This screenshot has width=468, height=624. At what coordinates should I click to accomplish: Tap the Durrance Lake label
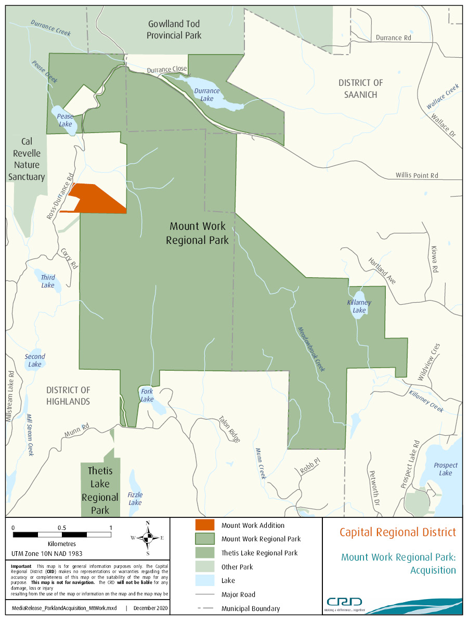206,95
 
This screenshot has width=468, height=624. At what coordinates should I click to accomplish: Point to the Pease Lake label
65,120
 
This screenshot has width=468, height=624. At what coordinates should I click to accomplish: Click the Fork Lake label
147,395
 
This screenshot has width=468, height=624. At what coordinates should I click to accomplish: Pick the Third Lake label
47,281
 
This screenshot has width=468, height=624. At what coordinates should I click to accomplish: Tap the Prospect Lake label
445,469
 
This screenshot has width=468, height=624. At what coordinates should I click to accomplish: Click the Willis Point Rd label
417,176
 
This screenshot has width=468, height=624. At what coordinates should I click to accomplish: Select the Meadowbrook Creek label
311,349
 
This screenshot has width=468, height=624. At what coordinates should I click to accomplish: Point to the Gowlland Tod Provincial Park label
174,30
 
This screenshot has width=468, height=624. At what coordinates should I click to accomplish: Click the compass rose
148,538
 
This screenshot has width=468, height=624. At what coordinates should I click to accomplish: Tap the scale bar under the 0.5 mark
62,535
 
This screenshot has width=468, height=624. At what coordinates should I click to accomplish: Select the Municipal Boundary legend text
251,608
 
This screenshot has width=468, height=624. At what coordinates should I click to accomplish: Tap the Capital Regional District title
398,532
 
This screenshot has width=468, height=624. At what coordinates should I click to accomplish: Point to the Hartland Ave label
382,271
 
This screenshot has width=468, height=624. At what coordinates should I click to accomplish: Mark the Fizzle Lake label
135,499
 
